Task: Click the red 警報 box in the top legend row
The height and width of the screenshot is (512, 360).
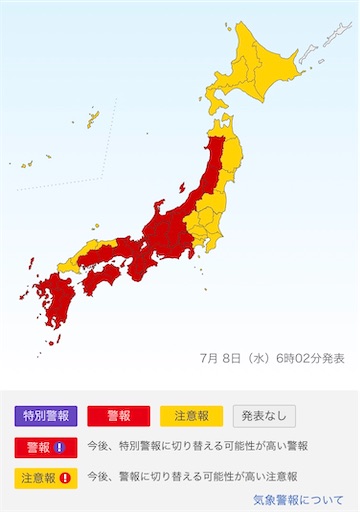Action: tap(118, 415)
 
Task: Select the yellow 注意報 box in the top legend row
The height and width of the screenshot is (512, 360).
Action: tap(191, 415)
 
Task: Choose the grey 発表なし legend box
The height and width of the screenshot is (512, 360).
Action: tap(264, 415)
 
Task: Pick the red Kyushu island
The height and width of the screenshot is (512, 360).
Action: tap(50, 300)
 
